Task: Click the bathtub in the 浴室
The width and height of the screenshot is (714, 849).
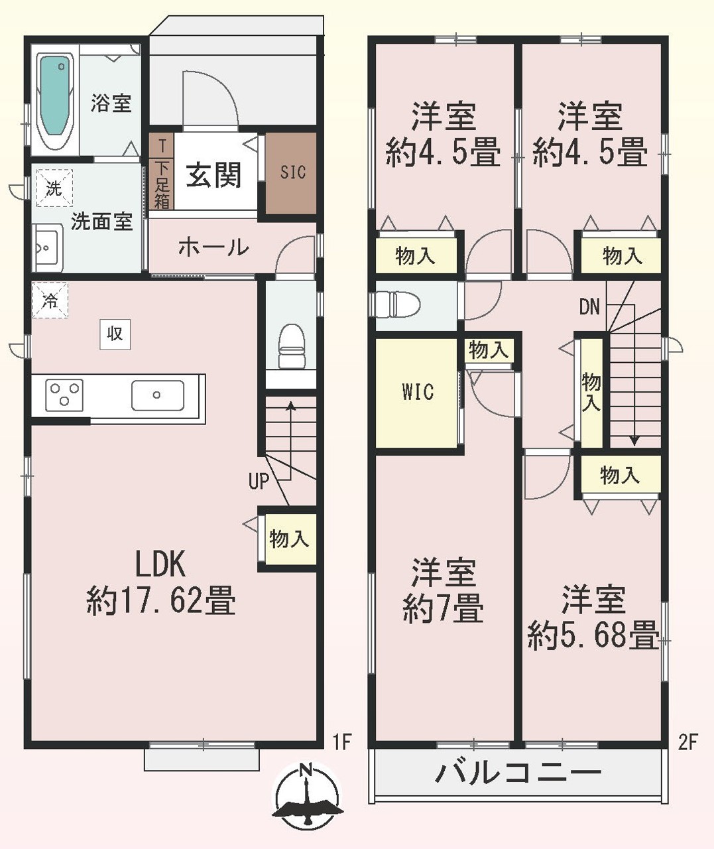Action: tap(55, 100)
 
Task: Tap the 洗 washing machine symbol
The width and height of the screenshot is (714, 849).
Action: tap(54, 188)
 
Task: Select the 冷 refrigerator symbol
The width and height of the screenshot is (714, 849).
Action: tap(50, 300)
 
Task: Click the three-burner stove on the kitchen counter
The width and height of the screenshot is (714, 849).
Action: tap(64, 395)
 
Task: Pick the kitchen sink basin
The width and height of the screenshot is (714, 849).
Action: tap(158, 395)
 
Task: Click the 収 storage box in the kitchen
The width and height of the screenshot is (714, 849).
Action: tap(115, 334)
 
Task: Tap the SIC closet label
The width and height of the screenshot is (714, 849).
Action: tap(292, 172)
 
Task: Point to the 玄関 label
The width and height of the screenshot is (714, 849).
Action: tap(213, 175)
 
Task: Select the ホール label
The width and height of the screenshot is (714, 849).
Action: tap(213, 247)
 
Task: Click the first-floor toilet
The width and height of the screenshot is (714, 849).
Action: tap(292, 346)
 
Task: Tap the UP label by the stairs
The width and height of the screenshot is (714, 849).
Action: tap(259, 482)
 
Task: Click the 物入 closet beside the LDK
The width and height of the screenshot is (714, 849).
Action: tap(289, 539)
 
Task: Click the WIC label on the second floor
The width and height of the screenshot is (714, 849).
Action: tap(418, 391)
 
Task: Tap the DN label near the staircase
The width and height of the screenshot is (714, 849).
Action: tap(589, 307)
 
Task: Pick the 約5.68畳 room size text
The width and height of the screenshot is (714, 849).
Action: tap(593, 635)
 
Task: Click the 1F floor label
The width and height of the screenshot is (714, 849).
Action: tap(342, 742)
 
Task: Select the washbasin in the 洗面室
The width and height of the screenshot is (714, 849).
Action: tap(48, 247)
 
